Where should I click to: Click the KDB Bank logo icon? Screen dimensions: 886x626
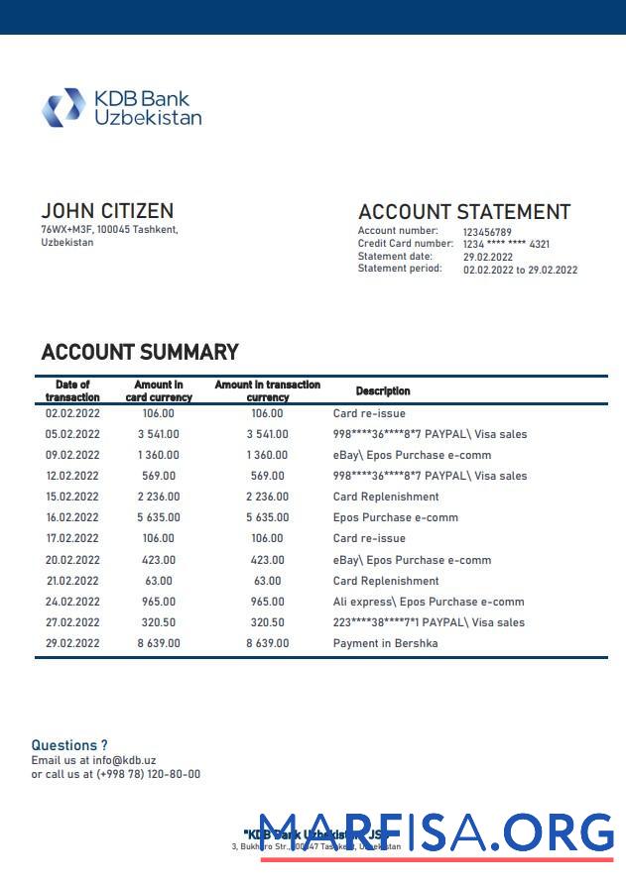[x=63, y=107]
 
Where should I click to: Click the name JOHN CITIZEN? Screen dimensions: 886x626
[x=107, y=211]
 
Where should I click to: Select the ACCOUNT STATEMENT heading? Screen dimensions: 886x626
[x=463, y=212]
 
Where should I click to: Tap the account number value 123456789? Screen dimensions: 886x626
[x=487, y=232]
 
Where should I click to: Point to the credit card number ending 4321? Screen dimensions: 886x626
[x=506, y=244]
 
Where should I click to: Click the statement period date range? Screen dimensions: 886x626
[x=520, y=270]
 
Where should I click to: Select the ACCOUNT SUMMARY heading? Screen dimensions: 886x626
[x=140, y=352]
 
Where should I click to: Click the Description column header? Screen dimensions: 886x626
[x=383, y=391]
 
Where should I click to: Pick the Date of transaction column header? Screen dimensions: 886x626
[x=72, y=390]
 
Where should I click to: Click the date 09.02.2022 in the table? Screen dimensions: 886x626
[x=72, y=456]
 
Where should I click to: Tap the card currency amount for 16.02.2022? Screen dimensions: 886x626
[x=159, y=517]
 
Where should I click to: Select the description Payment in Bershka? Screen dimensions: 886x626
[x=385, y=643]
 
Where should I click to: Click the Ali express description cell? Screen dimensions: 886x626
[x=429, y=602]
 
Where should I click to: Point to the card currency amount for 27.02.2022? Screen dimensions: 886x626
[x=159, y=622]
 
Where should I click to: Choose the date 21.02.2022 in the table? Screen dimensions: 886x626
[x=72, y=581]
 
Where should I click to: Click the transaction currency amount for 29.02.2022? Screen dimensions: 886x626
[x=268, y=643]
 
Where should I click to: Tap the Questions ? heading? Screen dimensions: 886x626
[x=69, y=745]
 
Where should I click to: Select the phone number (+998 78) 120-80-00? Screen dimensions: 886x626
[x=148, y=774]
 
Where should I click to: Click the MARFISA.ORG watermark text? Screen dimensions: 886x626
[x=437, y=832]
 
